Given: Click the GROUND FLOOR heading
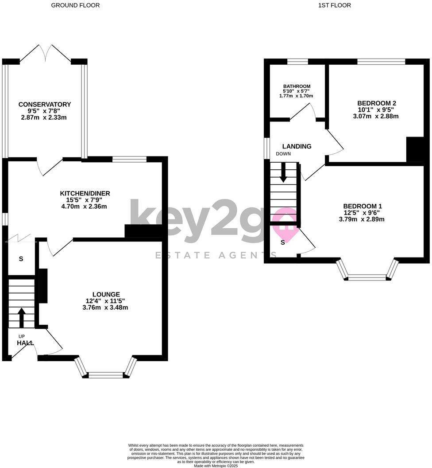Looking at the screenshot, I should click(75, 5).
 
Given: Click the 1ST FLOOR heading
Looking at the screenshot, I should click(334, 5).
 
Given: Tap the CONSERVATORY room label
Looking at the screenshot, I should click(45, 105).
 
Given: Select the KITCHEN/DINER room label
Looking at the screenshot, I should click(85, 193).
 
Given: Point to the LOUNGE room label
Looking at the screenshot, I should click(106, 294).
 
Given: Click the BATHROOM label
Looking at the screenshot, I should click(297, 86).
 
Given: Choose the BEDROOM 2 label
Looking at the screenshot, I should click(376, 103).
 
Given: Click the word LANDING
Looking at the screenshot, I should click(297, 146).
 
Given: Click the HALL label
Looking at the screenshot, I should click(25, 343).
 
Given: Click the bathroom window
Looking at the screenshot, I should click(297, 62).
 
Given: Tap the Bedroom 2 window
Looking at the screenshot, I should click(381, 62).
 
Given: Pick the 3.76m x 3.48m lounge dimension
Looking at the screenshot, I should click(105, 308).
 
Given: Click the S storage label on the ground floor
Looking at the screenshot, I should click(21, 259).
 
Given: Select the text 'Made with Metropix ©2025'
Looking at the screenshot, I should click(216, 465).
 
